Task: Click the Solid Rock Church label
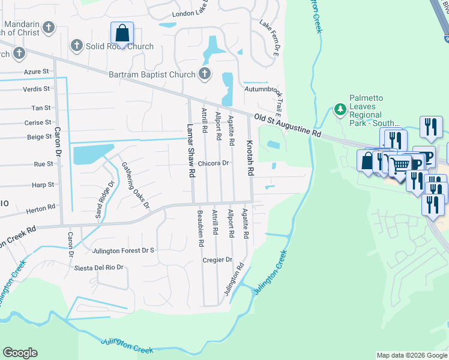[119, 46]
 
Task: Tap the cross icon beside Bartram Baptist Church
[205, 74]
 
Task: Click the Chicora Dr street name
[214, 163]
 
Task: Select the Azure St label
[37, 71]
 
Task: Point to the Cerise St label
[38, 122]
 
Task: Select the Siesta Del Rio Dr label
[98, 268]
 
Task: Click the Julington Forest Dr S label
[123, 250]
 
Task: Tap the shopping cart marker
[400, 164]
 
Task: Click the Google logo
[20, 353]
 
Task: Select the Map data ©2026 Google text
[411, 355]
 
